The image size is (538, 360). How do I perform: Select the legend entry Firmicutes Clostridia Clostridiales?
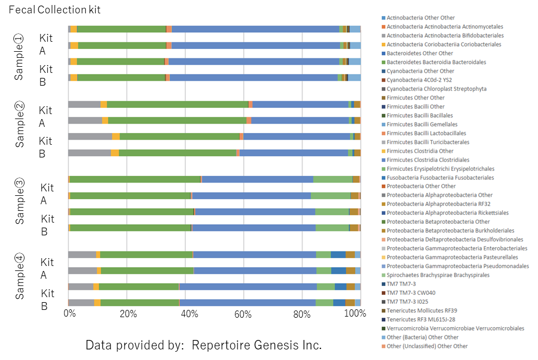pyautogui.click(x=428, y=160)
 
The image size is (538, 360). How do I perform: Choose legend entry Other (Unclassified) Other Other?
pyautogui.click(x=427, y=346)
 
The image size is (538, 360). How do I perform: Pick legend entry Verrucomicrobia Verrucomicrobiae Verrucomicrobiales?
pyautogui.click(x=455, y=328)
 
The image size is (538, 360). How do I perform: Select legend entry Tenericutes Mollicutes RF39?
pyautogui.click(x=422, y=310)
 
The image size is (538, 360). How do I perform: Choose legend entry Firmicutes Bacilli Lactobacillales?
pyautogui.click(x=426, y=133)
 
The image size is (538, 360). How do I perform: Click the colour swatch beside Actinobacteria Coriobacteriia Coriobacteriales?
pyautogui.click(x=382, y=45)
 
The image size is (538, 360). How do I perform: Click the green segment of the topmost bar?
pyautogui.click(x=121, y=29)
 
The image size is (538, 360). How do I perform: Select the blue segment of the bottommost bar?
pyautogui.click(x=248, y=303)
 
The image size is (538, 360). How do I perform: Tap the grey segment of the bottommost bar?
pyautogui.click(x=81, y=303)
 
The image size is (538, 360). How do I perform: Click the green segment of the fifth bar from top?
pyautogui.click(x=177, y=104)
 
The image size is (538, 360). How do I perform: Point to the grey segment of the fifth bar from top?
pyautogui.click(x=84, y=104)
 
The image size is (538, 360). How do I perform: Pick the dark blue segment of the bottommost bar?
pyautogui.click(x=339, y=303)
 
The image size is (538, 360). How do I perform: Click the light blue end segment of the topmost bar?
pyautogui.click(x=354, y=29)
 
